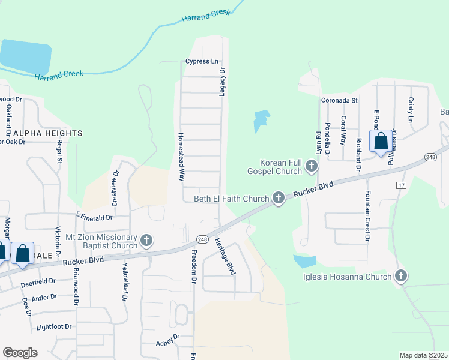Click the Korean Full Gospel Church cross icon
[x=311, y=166]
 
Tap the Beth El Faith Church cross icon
[x=278, y=198]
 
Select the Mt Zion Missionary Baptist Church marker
[x=146, y=242]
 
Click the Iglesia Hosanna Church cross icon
[x=401, y=277]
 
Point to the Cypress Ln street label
[x=202, y=61]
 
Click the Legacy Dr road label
[x=222, y=82]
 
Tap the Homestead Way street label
[x=180, y=157]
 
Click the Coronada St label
[x=339, y=100]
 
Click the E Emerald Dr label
[x=95, y=217]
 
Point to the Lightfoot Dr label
[x=53, y=327]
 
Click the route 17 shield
[x=401, y=185]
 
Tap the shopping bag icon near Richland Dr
[x=381, y=143]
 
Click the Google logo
[x=20, y=353]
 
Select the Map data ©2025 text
[x=423, y=355]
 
